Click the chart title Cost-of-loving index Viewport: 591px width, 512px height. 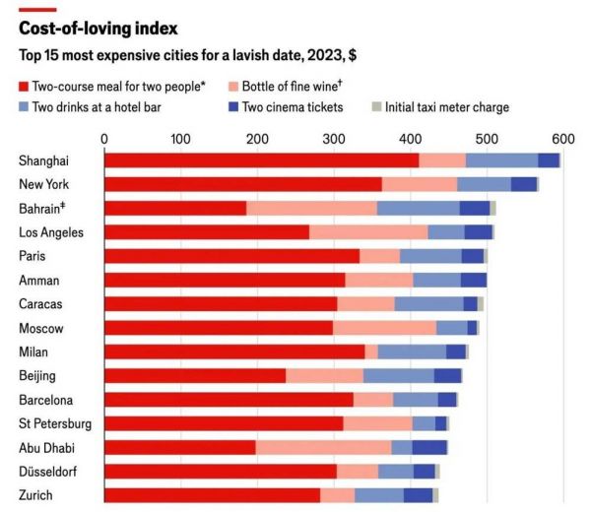(98, 29)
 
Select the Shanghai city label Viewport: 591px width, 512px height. (44, 160)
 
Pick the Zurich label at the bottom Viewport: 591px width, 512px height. (35, 495)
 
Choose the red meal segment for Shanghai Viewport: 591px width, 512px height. (261, 160)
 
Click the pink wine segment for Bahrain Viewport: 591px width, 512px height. (311, 208)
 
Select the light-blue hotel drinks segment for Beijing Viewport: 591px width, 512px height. (398, 375)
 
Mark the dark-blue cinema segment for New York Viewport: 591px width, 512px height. (523, 184)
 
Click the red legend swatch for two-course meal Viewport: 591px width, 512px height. (24, 87)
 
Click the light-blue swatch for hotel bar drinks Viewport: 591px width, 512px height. (24, 107)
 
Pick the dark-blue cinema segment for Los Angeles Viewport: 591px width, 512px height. (478, 232)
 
